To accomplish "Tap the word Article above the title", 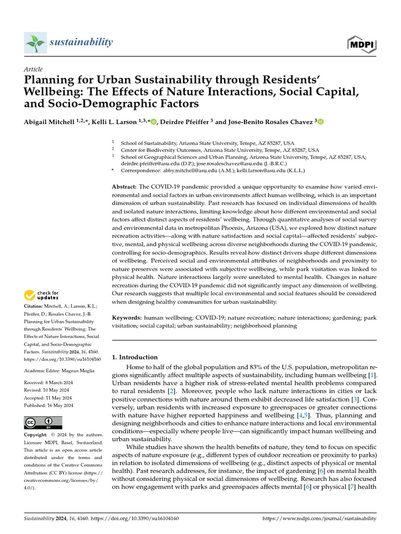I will click(33, 69).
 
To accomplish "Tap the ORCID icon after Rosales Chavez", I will click(321, 122).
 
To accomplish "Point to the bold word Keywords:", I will click(126, 318).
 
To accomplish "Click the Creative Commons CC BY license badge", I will click(43, 423).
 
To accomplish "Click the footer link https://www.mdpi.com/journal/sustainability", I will click(319, 518).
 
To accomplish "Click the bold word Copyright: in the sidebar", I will click(36, 435).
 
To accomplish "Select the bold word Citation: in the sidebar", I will click(34, 306).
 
